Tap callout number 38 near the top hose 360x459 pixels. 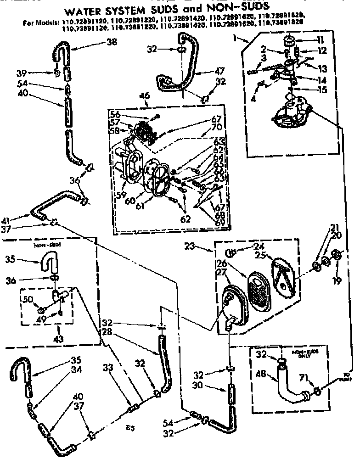tap(111, 41)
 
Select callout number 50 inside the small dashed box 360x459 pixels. tap(28, 299)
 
